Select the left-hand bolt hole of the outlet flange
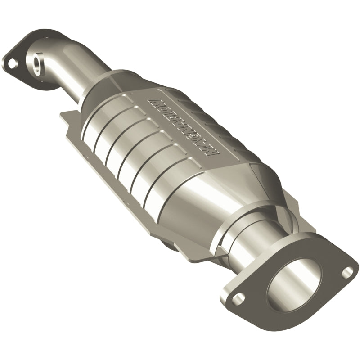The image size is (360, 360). coord(241,297)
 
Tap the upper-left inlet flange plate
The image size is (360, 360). coord(22,49)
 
